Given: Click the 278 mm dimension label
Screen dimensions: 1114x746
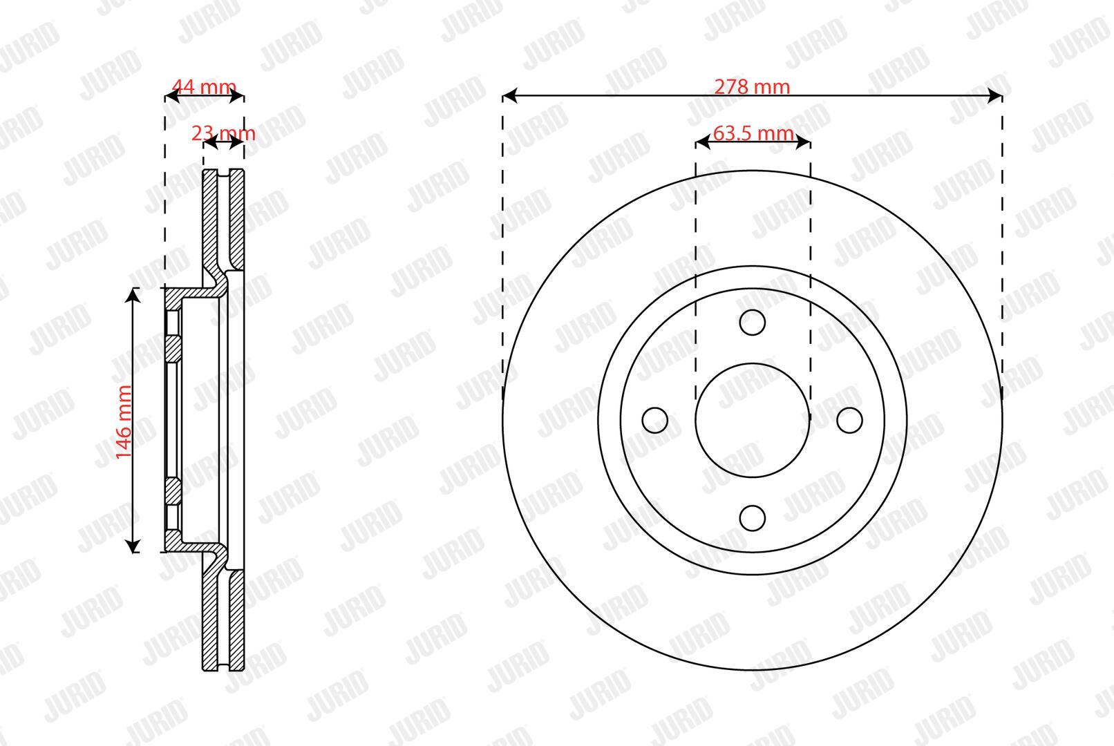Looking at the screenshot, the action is point(752,87).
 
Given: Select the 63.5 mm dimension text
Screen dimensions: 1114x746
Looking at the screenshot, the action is point(753,133).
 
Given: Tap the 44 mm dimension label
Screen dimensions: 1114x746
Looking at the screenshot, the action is point(204,87).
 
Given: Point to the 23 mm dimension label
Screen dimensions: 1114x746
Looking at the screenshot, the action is point(223,133).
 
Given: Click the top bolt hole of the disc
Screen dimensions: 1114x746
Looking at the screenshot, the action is point(752,323).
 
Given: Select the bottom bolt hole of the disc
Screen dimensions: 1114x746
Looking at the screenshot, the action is point(752,518).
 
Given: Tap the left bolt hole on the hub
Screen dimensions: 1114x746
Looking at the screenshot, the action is point(655,421).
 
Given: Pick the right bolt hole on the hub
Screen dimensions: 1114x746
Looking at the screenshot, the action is point(849,421).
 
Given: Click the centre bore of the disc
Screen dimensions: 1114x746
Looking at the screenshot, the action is point(753,421).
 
